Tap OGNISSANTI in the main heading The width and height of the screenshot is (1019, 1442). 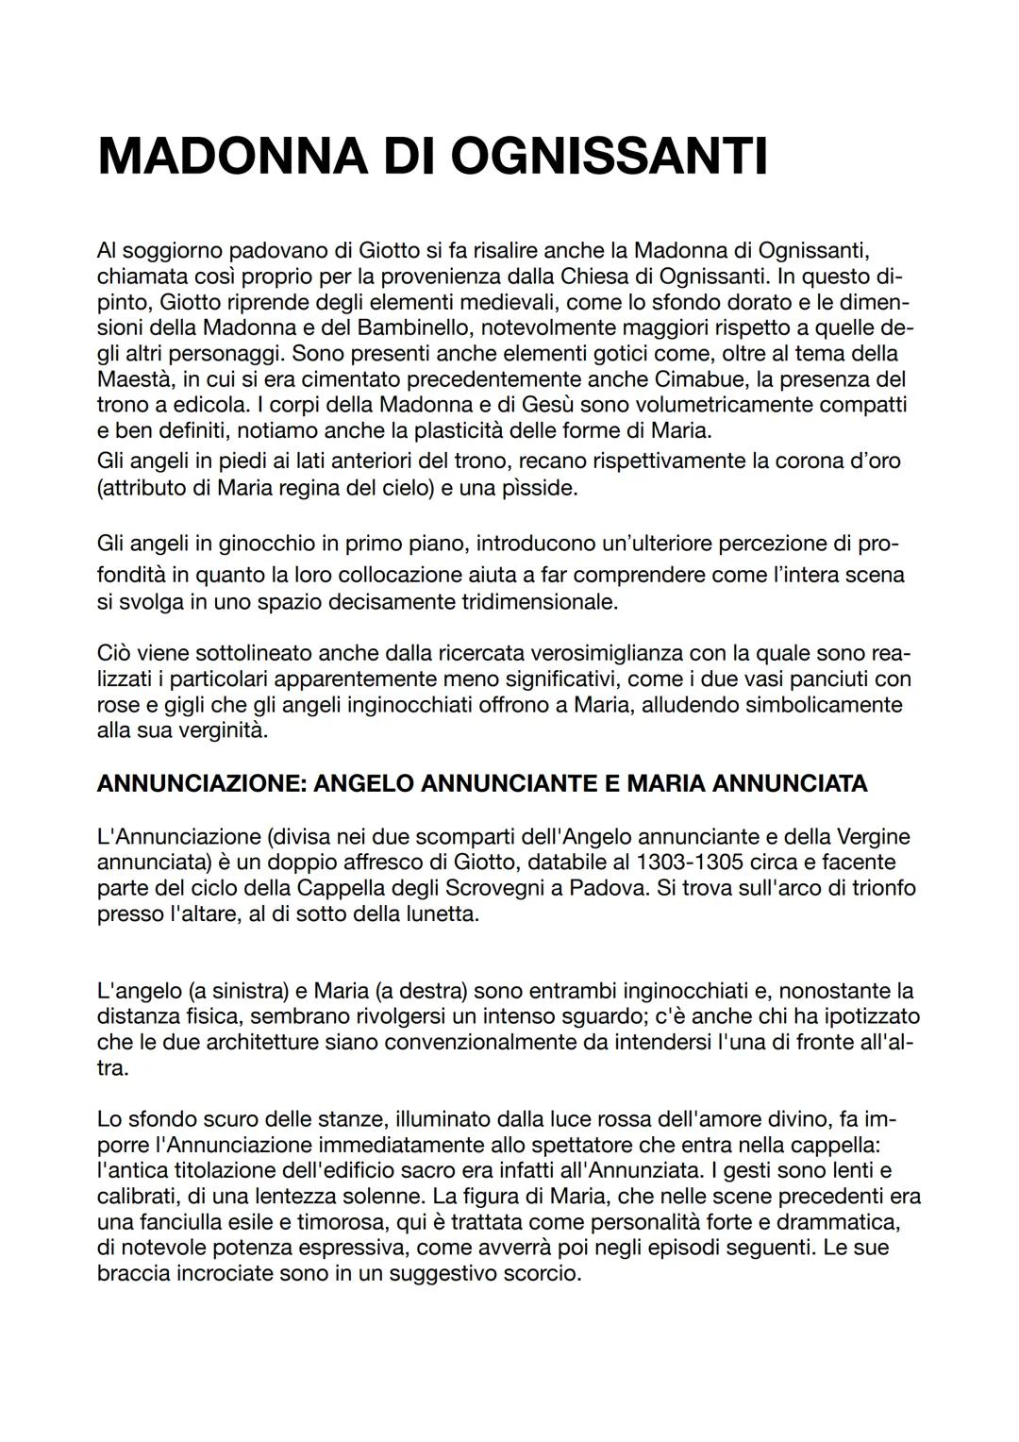pyautogui.click(x=609, y=157)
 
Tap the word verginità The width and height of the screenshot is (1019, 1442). pyautogui.click(x=223, y=730)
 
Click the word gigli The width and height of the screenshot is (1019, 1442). pyautogui.click(x=190, y=705)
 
